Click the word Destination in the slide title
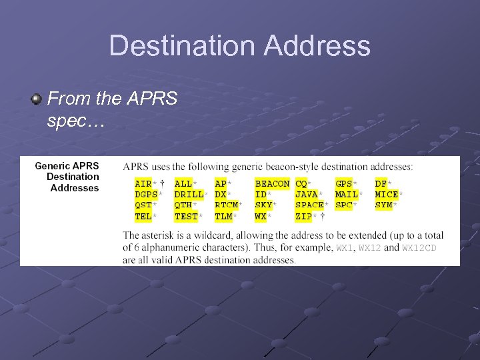coord(181,46)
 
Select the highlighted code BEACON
coord(272,183)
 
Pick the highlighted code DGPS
coord(145,194)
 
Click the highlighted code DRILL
coord(189,194)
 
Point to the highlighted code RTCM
coord(227,205)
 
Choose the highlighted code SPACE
coord(309,205)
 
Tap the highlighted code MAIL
coord(347,194)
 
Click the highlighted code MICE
coord(387,194)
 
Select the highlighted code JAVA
coord(307,194)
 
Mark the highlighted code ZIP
coord(304,216)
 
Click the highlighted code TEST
coord(186,216)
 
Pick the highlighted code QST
coord(143,205)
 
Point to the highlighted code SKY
coord(263,205)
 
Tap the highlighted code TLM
coord(223,216)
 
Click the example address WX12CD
coord(420,248)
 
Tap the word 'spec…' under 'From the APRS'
coord(73,122)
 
